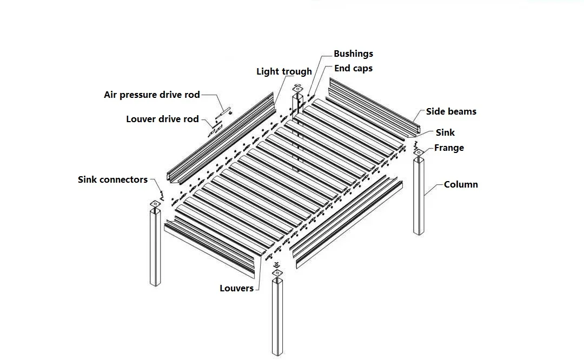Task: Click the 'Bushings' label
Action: pyautogui.click(x=353, y=54)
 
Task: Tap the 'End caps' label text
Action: pyautogui.click(x=353, y=68)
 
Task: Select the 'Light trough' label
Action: pyautogui.click(x=284, y=71)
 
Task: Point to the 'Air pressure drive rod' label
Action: pyautogui.click(x=152, y=95)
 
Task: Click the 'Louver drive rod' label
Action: pyautogui.click(x=163, y=119)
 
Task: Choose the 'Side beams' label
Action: pyautogui.click(x=451, y=111)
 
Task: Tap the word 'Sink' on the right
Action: pyautogui.click(x=446, y=132)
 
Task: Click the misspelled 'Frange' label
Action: pyautogui.click(x=449, y=148)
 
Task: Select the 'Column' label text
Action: pyautogui.click(x=461, y=184)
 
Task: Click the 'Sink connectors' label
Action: pyautogui.click(x=112, y=179)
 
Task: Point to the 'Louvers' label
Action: pyautogui.click(x=236, y=288)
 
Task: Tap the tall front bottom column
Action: pyautogui.click(x=277, y=316)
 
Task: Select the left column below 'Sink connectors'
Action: pyautogui.click(x=155, y=246)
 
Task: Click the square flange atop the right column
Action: pyautogui.click(x=419, y=153)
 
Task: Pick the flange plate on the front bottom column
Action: pyautogui.click(x=277, y=274)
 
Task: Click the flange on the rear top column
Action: pyautogui.click(x=296, y=89)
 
